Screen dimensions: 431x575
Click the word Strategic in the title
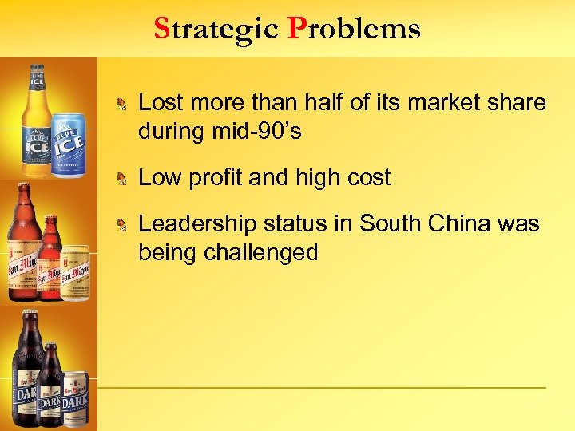pyautogui.click(x=216, y=29)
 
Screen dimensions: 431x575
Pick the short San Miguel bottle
pyautogui.click(x=50, y=259)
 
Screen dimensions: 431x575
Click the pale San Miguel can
pyautogui.click(x=76, y=271)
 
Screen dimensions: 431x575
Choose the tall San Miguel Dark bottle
pyautogui.click(x=26, y=371)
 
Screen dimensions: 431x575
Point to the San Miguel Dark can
pyautogui.click(x=76, y=399)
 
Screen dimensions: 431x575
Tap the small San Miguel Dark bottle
pyautogui.click(x=50, y=383)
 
